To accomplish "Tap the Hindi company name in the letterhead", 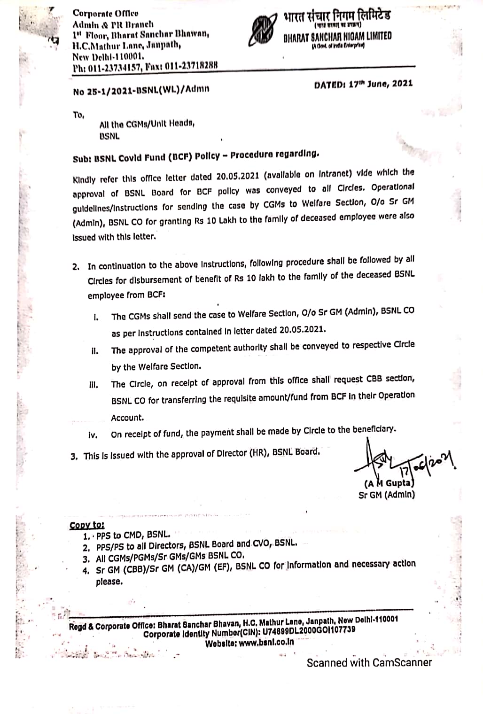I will click(x=337, y=16).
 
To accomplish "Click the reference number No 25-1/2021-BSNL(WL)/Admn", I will click(x=141, y=89).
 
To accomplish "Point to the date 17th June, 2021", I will click(x=363, y=84).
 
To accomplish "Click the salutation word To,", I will click(x=78, y=115).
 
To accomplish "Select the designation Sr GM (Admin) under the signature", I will click(x=386, y=495).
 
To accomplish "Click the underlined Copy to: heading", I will click(x=87, y=525).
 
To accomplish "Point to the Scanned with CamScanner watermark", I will click(x=369, y=662).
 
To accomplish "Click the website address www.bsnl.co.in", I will click(x=266, y=642).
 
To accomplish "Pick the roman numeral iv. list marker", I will click(x=93, y=435).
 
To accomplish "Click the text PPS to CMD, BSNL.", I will click(x=133, y=535).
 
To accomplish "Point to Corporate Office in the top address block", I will click(x=105, y=14).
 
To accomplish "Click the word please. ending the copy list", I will click(x=109, y=582).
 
